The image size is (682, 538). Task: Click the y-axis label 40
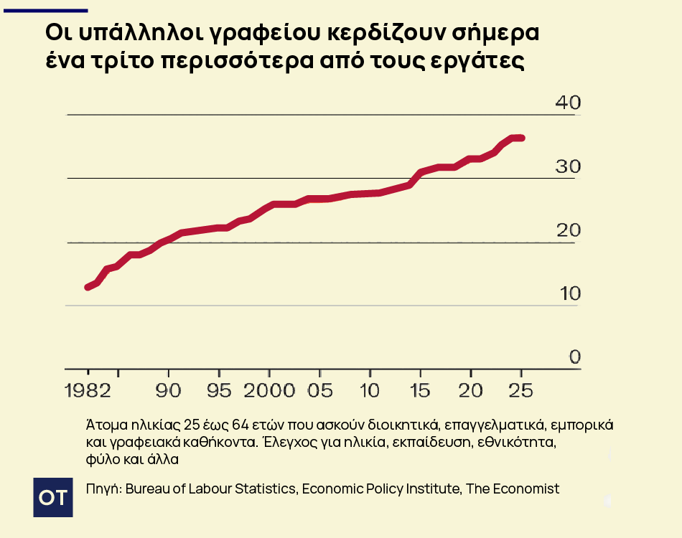568,103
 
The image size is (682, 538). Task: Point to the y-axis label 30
568,166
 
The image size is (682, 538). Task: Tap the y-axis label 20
568,230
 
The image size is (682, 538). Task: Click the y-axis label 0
574,357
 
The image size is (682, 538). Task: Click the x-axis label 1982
88,391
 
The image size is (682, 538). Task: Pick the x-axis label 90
169,391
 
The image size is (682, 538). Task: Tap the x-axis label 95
219,391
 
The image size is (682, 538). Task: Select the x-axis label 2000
268,391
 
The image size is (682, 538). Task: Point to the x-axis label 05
320,391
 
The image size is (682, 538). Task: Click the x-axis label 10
370,391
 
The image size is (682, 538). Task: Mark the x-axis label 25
520,391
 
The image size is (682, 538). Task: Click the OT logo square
54,496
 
